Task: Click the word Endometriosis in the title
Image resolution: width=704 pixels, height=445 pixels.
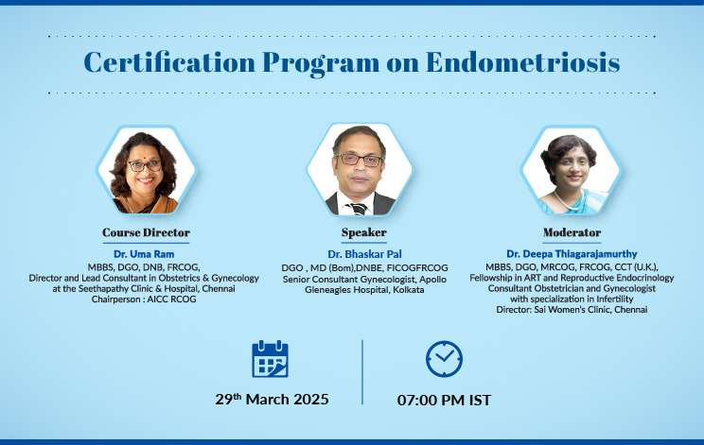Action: (x=522, y=61)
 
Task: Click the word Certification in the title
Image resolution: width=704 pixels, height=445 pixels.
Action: (x=169, y=61)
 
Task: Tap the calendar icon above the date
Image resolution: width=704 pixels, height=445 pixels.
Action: (x=270, y=359)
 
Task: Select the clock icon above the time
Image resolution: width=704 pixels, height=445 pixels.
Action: (x=444, y=359)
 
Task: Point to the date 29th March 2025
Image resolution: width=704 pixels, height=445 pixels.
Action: (x=273, y=399)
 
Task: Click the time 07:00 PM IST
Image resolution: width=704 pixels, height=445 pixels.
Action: (x=444, y=400)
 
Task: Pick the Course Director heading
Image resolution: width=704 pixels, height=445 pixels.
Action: (x=146, y=232)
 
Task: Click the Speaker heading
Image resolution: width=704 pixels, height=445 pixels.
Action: (x=363, y=232)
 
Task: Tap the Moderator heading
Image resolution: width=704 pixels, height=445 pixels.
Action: (x=572, y=232)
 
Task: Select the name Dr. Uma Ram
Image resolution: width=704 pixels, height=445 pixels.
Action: (x=144, y=254)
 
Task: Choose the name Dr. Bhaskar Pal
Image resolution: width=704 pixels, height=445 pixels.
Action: (x=364, y=254)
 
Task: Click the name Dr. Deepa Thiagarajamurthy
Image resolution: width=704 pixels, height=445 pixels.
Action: (x=572, y=254)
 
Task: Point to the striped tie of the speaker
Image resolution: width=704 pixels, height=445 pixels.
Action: (x=359, y=209)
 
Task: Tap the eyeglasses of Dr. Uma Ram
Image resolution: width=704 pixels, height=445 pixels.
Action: (x=145, y=165)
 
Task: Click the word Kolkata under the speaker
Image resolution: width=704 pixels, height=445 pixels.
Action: (x=409, y=290)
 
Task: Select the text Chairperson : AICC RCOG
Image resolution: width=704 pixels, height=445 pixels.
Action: (x=144, y=299)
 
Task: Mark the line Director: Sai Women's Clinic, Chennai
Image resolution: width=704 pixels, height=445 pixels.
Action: (x=572, y=310)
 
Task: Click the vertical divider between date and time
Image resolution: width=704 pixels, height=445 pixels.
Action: (x=362, y=372)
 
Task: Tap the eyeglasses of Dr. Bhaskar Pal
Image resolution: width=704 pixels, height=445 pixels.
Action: (x=360, y=160)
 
